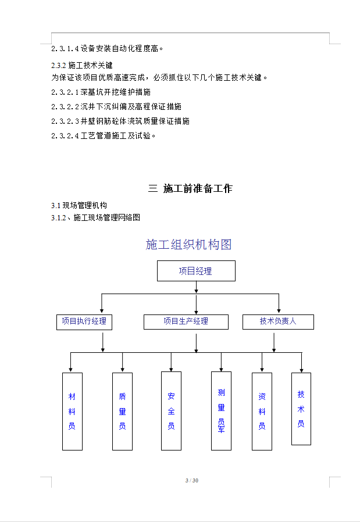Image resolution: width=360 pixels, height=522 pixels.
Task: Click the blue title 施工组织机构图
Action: [188, 244]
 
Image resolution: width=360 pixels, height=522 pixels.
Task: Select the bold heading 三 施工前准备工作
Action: [190, 188]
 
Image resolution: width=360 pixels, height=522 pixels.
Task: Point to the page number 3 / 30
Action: [192, 480]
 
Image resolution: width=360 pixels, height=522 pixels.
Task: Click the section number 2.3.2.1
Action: [65, 92]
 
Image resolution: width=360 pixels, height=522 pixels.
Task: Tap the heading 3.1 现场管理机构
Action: [79, 205]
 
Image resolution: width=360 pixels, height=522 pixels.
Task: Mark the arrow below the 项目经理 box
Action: [196, 287]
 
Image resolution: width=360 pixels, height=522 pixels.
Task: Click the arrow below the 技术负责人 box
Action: [274, 342]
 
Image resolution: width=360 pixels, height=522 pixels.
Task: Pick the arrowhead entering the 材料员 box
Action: [70, 370]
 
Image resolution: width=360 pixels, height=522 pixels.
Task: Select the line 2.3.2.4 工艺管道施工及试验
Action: [104, 136]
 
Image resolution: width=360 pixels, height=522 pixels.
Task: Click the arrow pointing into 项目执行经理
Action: [102, 303]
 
